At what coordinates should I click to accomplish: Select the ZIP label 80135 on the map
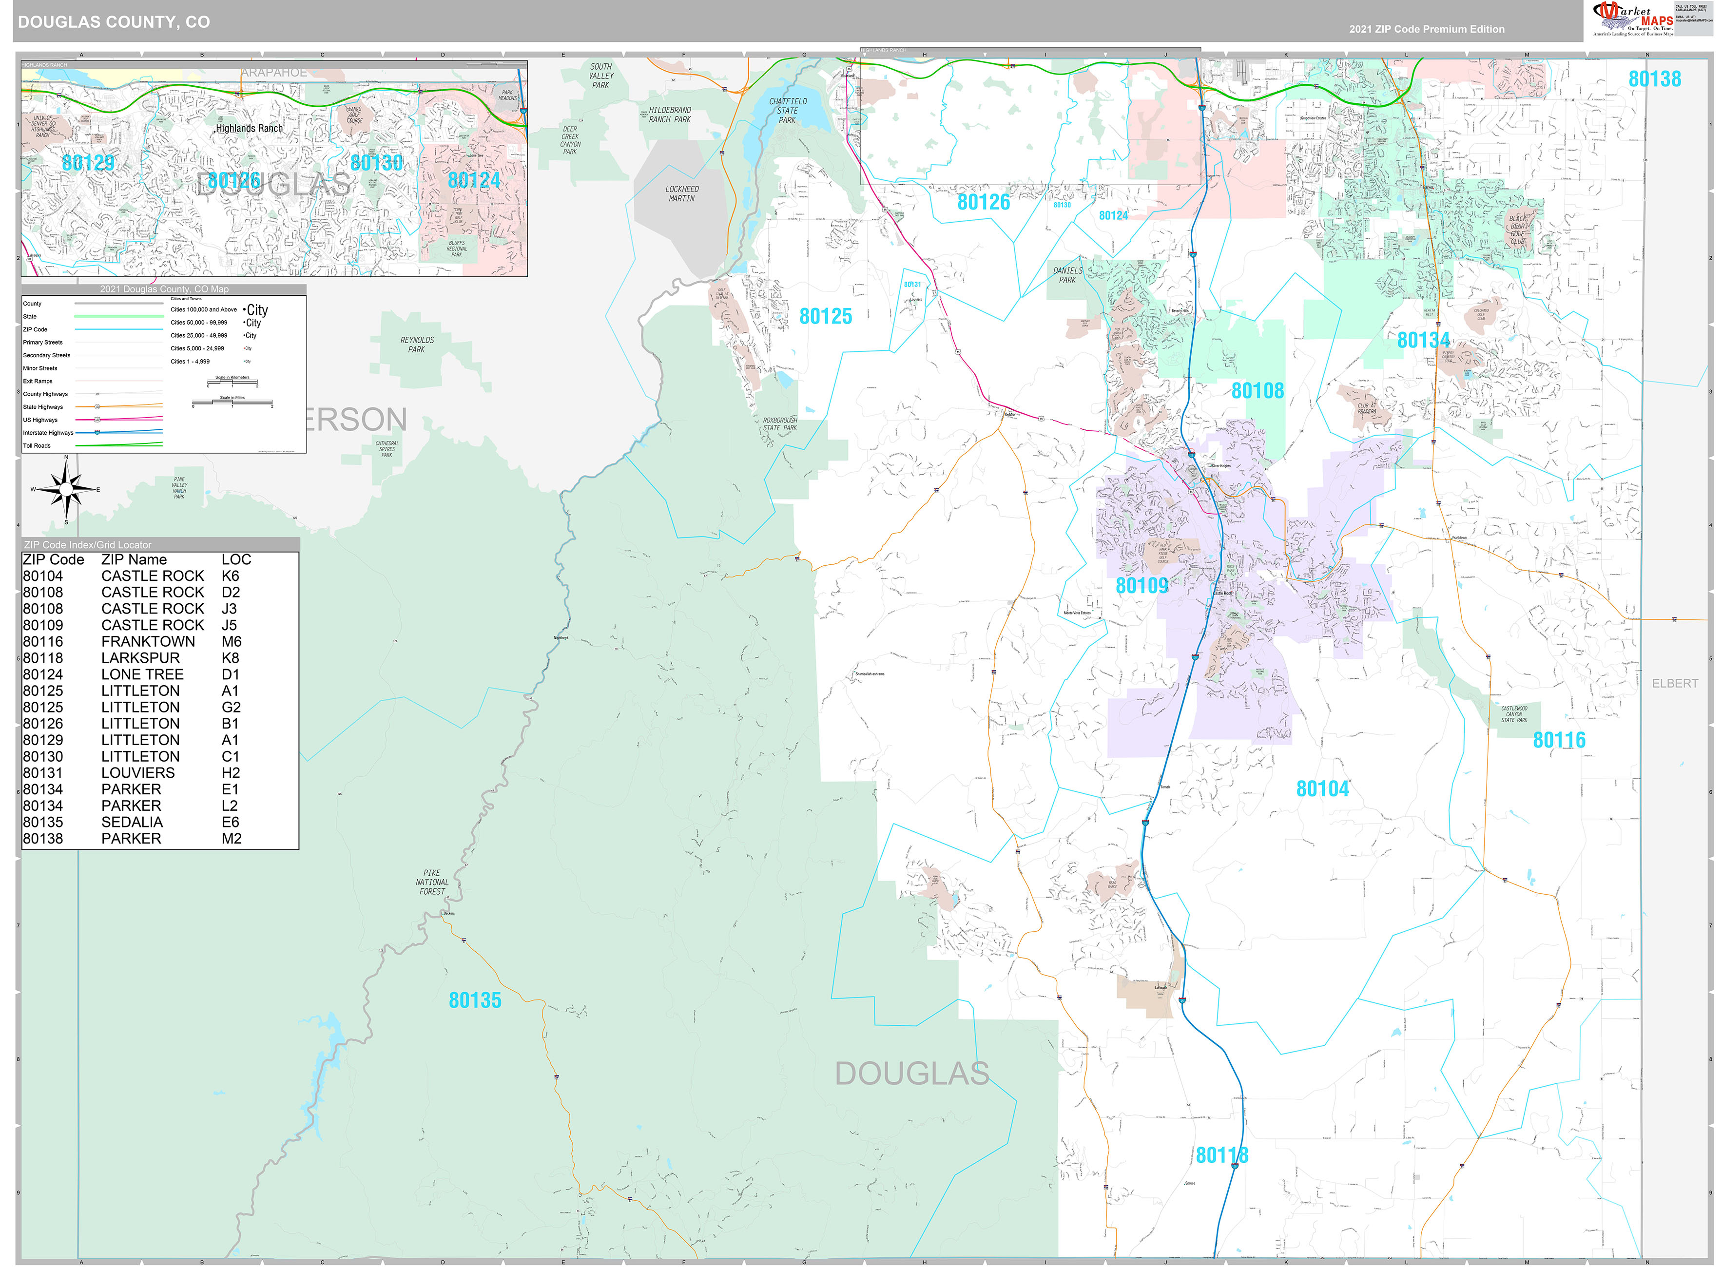coord(475,1000)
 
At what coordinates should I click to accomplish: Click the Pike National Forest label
coord(432,882)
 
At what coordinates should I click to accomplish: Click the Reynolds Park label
coord(417,345)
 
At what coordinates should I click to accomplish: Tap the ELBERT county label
coord(1674,683)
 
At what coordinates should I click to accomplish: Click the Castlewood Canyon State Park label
coord(1514,714)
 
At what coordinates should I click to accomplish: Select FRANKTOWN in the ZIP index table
coord(148,641)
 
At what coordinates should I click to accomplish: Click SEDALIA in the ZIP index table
coord(132,822)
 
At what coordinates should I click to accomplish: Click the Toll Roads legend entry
coord(37,445)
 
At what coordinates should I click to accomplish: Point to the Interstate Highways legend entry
coord(48,433)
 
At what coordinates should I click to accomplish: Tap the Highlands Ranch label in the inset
coord(249,128)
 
